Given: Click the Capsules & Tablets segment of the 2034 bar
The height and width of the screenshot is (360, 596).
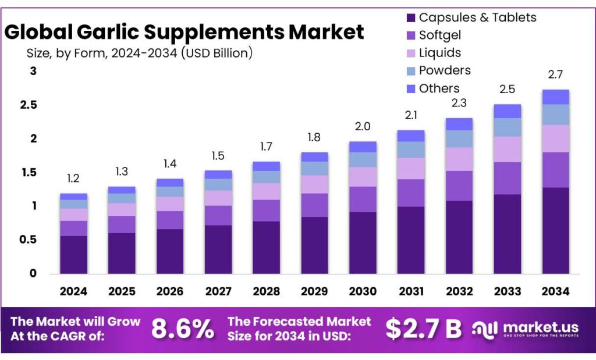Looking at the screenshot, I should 555,230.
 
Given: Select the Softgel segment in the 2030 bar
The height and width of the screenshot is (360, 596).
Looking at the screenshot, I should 363,199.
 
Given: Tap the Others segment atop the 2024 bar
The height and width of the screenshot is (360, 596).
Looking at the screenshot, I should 74,197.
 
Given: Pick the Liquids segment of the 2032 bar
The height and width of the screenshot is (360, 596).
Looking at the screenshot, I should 459,159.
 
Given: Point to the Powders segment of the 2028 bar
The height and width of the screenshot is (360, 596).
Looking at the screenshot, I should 267,177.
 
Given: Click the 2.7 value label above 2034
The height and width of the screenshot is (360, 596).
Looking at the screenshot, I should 555,74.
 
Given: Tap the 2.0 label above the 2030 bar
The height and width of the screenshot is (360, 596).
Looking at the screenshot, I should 363,127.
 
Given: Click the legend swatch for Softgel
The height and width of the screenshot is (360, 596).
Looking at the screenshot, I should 410,35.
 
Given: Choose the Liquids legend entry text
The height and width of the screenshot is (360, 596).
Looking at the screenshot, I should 440,53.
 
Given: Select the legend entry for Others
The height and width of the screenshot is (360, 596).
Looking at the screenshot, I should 439,88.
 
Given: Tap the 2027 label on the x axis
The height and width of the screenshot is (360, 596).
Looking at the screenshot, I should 218,291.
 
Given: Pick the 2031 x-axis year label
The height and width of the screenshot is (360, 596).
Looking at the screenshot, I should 411,291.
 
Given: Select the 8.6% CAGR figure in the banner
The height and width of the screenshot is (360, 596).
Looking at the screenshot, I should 183,329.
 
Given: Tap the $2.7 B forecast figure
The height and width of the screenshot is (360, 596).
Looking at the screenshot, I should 424,329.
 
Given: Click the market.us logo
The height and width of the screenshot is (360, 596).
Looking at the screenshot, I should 527,329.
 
